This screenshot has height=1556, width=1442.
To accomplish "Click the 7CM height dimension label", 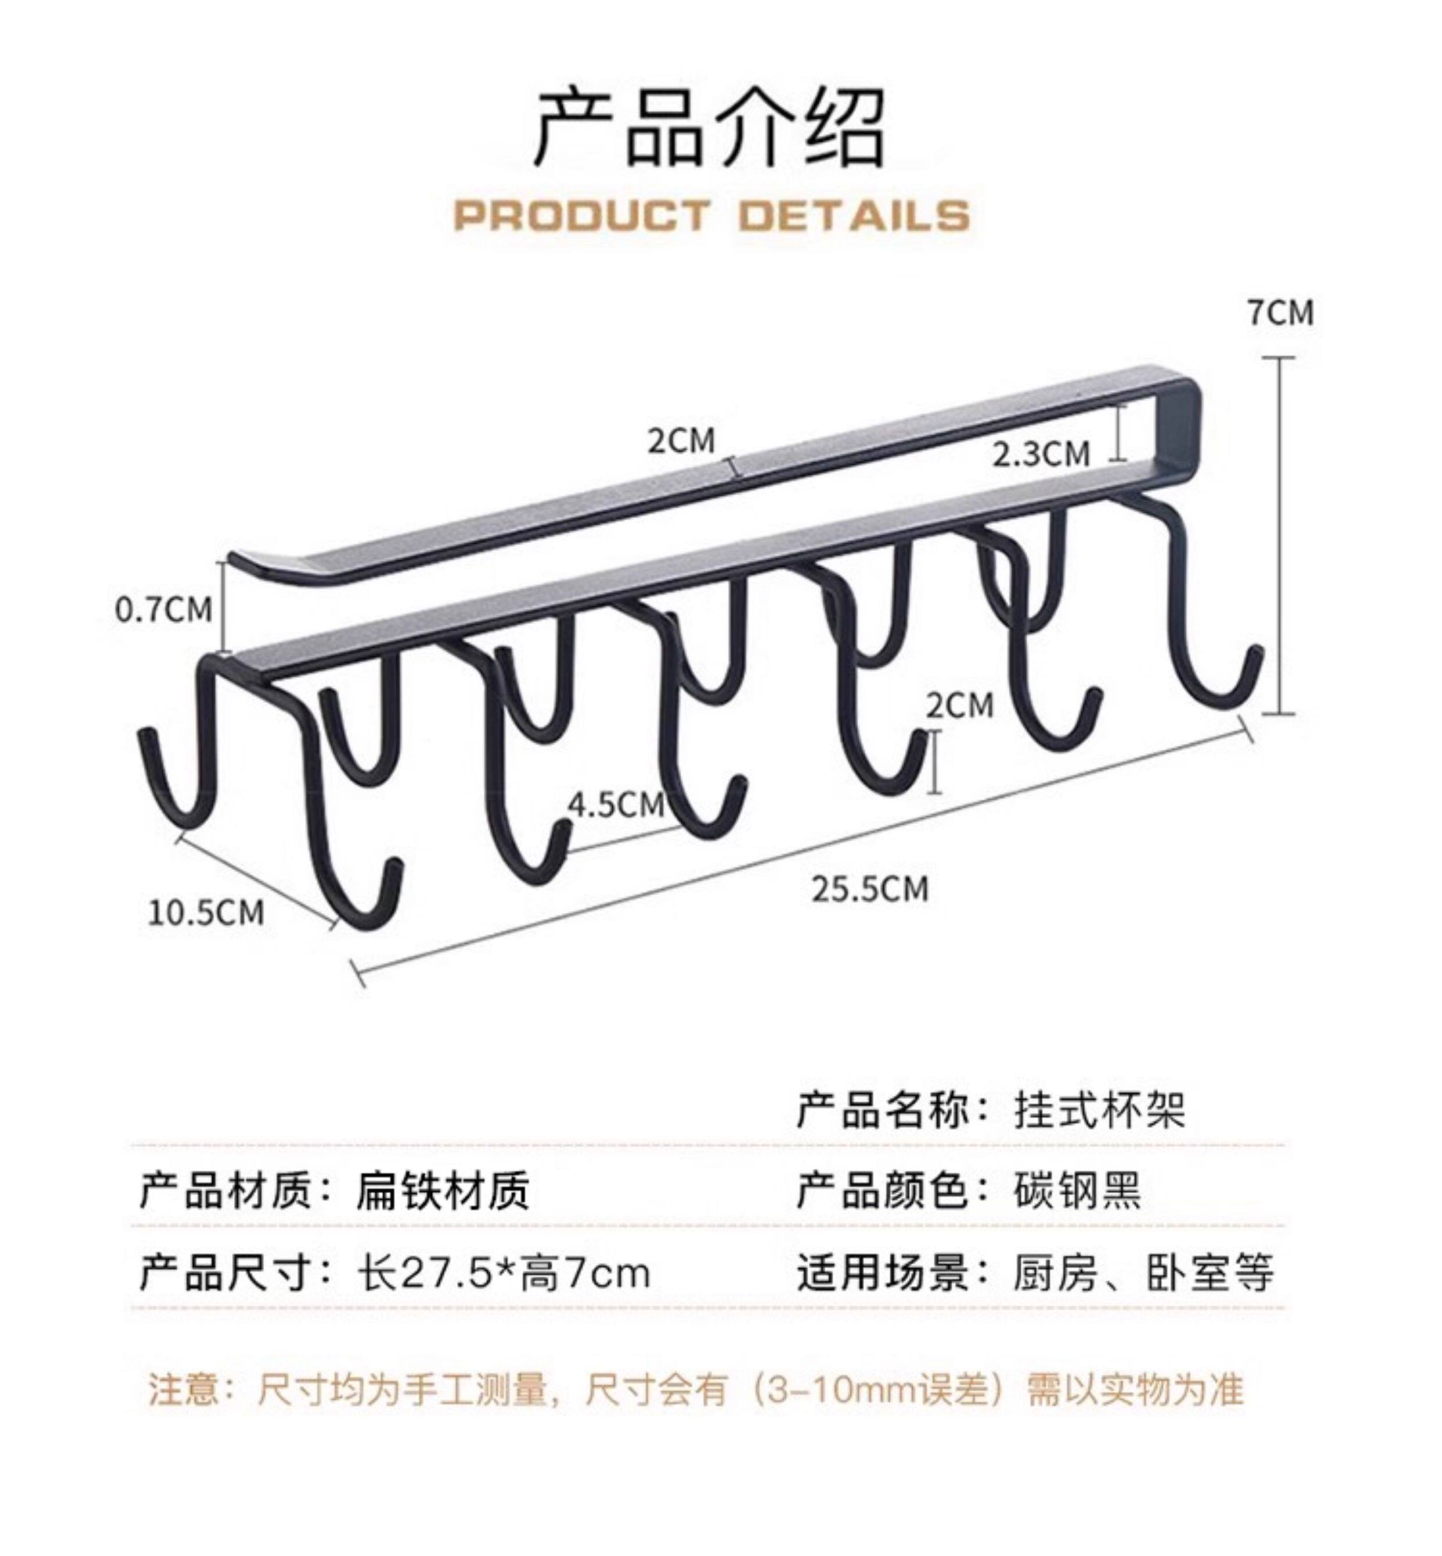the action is click(1280, 313).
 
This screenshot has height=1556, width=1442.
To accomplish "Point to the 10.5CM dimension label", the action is click(206, 912).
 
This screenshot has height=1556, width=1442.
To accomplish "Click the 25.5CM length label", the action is click(870, 890).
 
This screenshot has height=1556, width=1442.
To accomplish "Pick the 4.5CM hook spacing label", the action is click(616, 805).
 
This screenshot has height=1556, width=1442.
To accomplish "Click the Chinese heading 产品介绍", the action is click(710, 127).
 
